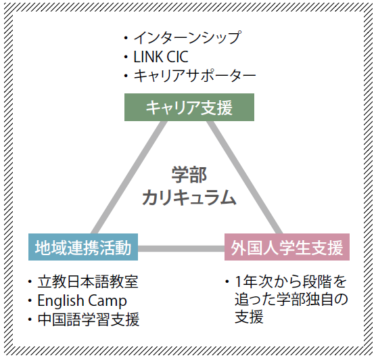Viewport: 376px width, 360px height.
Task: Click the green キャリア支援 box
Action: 189,108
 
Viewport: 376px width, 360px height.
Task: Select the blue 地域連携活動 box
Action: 83,247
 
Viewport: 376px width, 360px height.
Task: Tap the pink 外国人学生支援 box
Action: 287,247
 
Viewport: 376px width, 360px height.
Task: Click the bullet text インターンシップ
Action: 187,38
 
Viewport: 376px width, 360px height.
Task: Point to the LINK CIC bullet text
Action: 161,57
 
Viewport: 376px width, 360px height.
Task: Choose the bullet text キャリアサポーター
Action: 195,75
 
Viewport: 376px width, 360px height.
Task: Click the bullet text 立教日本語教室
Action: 88,282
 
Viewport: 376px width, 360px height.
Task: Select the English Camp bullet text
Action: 82,300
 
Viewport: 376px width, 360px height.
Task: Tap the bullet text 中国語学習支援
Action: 88,319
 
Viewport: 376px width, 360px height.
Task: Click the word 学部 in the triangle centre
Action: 189,175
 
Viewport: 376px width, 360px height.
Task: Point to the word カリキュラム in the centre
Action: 189,198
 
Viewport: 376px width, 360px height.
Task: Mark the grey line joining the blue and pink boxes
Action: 181,248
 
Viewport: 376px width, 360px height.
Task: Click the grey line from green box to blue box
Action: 128,177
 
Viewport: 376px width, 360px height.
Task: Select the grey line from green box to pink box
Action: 244,177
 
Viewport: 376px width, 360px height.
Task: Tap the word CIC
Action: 177,57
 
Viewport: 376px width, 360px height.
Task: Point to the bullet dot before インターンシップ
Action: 126,38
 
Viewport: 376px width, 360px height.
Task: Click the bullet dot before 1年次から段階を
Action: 227,282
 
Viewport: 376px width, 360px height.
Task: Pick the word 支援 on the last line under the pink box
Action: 249,317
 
